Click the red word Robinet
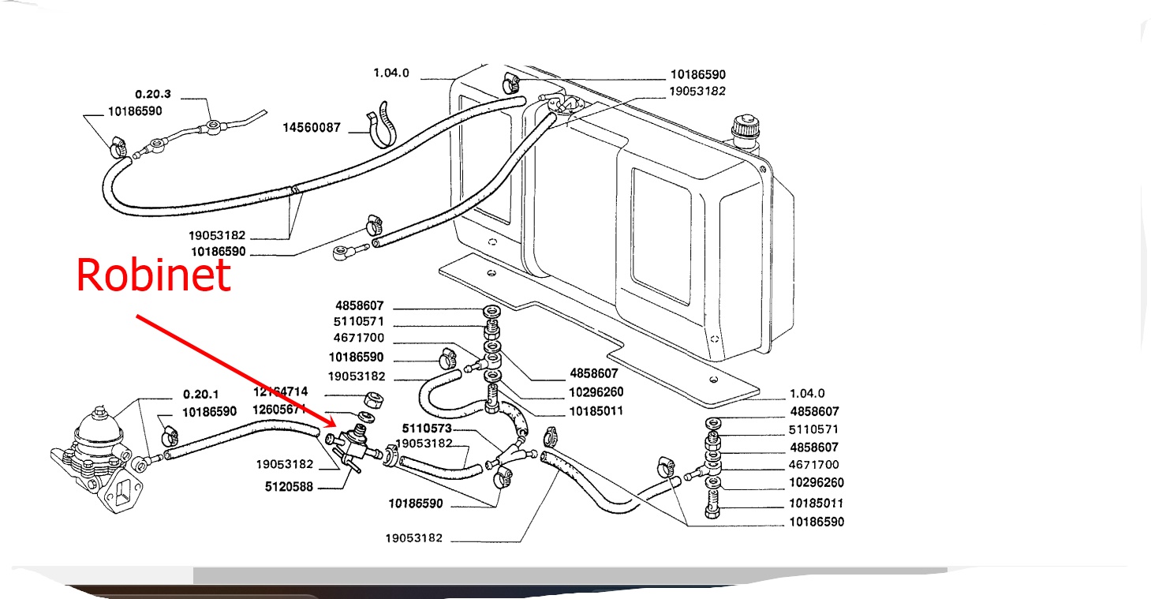pos(154,275)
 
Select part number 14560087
pos(311,127)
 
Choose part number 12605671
pos(280,410)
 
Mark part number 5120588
pos(289,487)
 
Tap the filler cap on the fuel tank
pos(745,129)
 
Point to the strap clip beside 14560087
pos(383,125)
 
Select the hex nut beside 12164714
pos(373,399)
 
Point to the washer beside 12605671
pos(367,416)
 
